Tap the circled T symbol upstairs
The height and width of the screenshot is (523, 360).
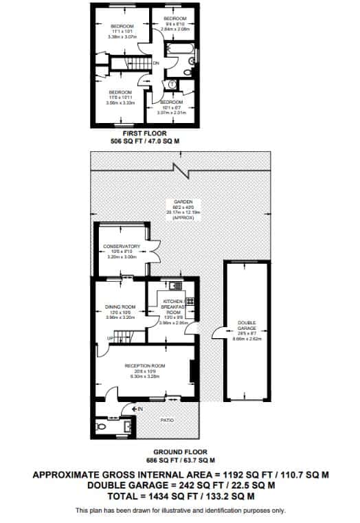[171, 85]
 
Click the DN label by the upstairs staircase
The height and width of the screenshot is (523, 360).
[156, 63]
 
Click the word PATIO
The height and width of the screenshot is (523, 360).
[167, 420]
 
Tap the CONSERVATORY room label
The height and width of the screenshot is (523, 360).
[122, 246]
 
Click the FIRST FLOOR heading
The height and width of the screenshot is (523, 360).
[144, 133]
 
